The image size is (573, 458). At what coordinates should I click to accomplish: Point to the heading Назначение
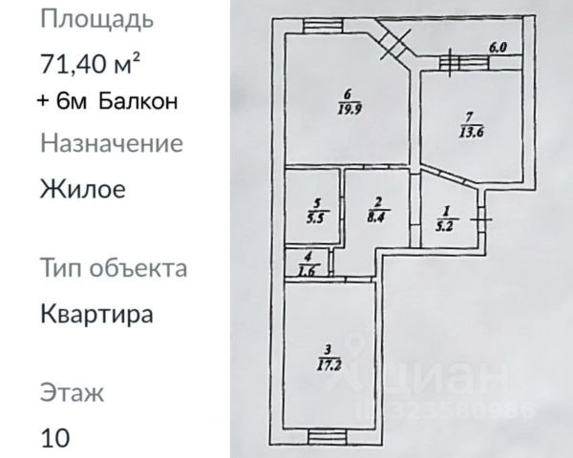click(111, 144)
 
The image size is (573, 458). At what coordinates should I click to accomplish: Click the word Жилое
click(83, 188)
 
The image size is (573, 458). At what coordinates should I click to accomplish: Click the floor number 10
click(55, 438)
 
